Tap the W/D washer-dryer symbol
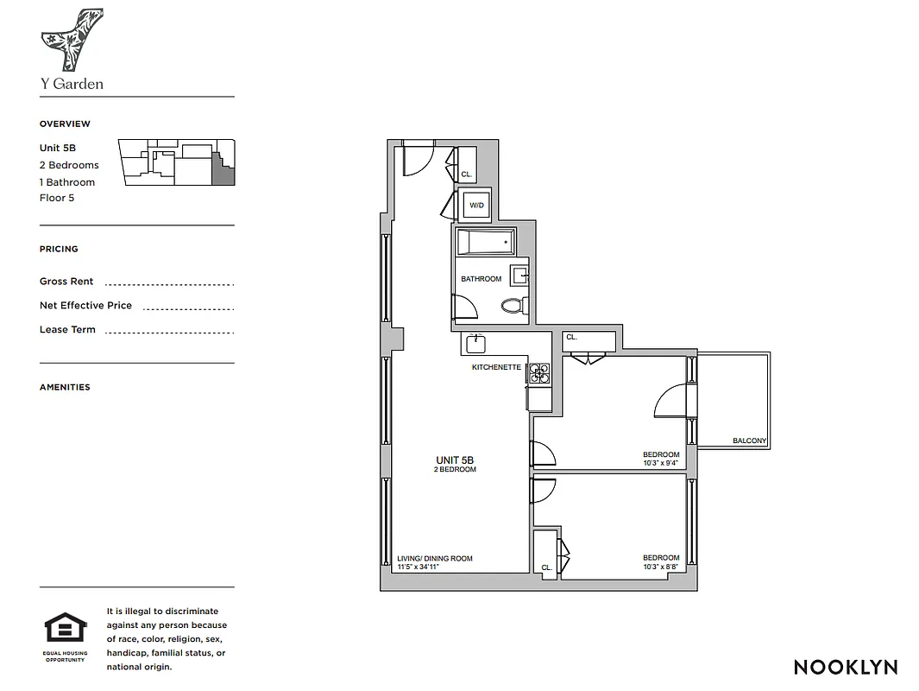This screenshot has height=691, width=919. tap(476, 206)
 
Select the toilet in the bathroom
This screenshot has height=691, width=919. tap(513, 305)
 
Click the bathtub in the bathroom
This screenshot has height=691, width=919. tap(484, 242)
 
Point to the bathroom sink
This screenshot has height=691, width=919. tap(519, 276)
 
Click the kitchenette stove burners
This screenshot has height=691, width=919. tap(539, 372)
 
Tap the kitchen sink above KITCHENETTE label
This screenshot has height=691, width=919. tap(475, 344)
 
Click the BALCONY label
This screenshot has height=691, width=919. tap(749, 441)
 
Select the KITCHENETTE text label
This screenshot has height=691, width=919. tap(496, 367)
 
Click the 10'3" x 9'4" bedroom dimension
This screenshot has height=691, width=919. tap(661, 463)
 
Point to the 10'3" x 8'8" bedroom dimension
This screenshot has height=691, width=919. tap(661, 567)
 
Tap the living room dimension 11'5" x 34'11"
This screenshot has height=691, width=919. tap(423, 567)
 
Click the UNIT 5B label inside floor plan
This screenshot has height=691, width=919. tap(455, 460)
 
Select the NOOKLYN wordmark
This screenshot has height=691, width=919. tap(845, 667)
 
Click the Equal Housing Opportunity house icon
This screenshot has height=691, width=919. tap(66, 629)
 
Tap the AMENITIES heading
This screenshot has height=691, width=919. tap(65, 387)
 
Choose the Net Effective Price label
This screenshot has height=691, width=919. tap(85, 306)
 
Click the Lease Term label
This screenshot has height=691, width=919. tap(67, 330)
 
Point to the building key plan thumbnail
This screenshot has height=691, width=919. tap(178, 162)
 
